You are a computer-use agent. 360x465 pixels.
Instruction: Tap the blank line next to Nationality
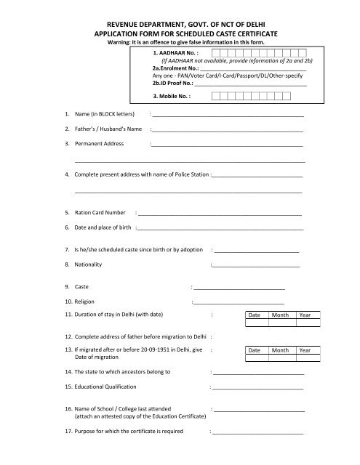(255, 265)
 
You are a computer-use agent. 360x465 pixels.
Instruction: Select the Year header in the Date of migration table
(305, 350)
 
